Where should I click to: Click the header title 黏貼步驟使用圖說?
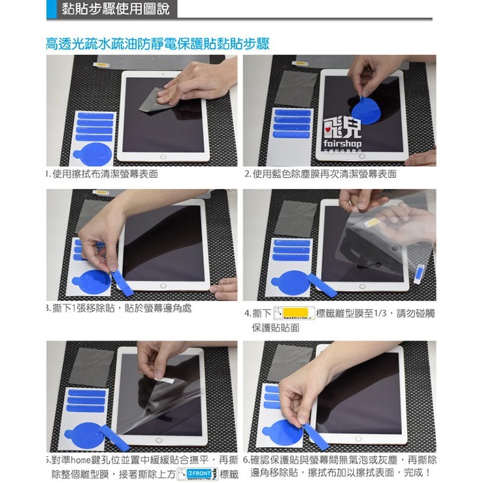coord(115,9)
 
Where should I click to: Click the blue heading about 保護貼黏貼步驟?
coord(158,44)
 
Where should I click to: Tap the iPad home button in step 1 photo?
coord(163,157)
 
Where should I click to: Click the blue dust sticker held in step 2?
coord(366,109)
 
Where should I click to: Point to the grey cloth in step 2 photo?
coord(295,88)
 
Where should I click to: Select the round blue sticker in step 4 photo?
coord(290,282)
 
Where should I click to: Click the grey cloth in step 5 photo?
coord(92,367)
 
